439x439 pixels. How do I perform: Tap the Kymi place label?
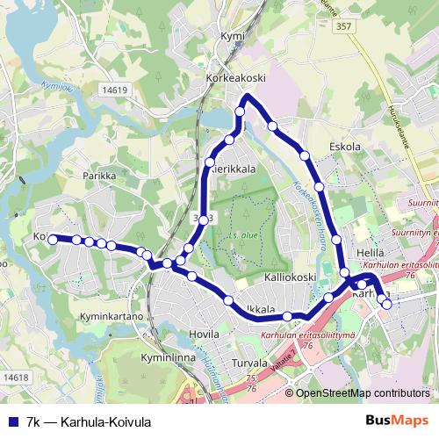[232, 36]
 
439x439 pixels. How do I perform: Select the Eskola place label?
[344, 147]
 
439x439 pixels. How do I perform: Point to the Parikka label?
[99, 176]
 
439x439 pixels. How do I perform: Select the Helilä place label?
[371, 252]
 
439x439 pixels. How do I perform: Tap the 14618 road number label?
[16, 378]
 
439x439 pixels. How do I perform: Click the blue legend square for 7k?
[12, 421]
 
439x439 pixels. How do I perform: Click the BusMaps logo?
[397, 421]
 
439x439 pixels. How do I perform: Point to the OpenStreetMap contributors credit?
[363, 393]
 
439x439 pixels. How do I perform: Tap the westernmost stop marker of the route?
[53, 239]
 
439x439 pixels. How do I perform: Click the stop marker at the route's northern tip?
[242, 112]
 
